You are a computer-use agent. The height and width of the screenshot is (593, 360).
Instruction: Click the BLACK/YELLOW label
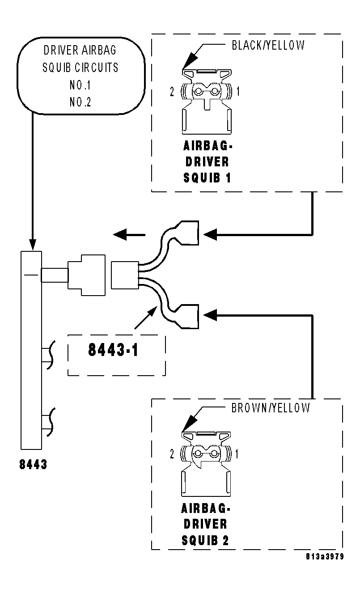[268, 45]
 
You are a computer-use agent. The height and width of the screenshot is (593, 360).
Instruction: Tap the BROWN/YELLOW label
[270, 408]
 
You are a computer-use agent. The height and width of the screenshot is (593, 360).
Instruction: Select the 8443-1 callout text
[113, 350]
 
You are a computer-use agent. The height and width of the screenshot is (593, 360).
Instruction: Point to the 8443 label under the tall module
[33, 465]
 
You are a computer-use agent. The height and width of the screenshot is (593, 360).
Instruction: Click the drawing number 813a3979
[325, 557]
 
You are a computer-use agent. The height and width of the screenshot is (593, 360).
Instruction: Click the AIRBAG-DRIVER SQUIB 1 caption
[207, 161]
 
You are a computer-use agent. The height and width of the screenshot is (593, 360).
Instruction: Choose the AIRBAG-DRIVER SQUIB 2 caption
[206, 524]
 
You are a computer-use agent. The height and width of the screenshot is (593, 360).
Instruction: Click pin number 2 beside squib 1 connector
[172, 92]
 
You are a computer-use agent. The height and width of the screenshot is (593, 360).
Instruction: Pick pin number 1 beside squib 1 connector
[238, 92]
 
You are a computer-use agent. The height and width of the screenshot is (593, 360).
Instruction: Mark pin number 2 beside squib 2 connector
[172, 454]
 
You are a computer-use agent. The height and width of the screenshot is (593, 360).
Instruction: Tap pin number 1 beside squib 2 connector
[237, 454]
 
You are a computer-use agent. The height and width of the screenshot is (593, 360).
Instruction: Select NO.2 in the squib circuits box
[80, 102]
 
